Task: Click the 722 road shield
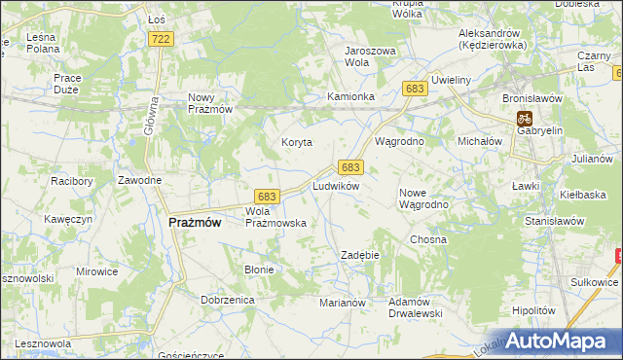tap(162, 38)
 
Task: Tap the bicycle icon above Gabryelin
tap(524, 117)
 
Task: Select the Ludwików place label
tap(336, 185)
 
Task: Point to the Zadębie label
tap(358, 254)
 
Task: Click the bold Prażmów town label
tap(195, 222)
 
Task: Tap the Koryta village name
tap(297, 142)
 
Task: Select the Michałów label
tap(479, 141)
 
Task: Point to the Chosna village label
tap(428, 238)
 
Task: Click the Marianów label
tap(342, 303)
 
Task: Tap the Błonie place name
tap(259, 270)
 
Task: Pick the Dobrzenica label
tap(228, 301)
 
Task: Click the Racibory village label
tap(71, 180)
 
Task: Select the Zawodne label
tap(139, 180)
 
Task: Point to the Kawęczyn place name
tap(68, 219)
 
